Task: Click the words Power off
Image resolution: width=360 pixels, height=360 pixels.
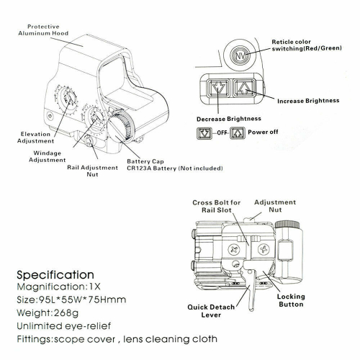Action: [x=264, y=132]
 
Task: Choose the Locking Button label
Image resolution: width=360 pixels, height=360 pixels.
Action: [x=290, y=300]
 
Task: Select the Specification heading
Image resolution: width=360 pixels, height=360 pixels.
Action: [x=55, y=275]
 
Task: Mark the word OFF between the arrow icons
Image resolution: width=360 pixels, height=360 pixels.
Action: [x=220, y=133]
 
